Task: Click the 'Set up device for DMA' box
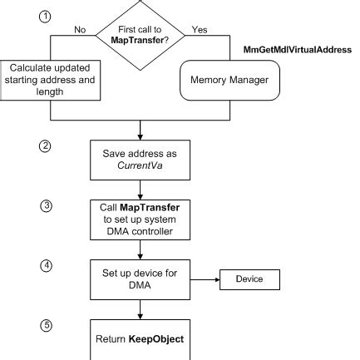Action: [141, 278]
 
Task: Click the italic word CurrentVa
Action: [141, 165]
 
